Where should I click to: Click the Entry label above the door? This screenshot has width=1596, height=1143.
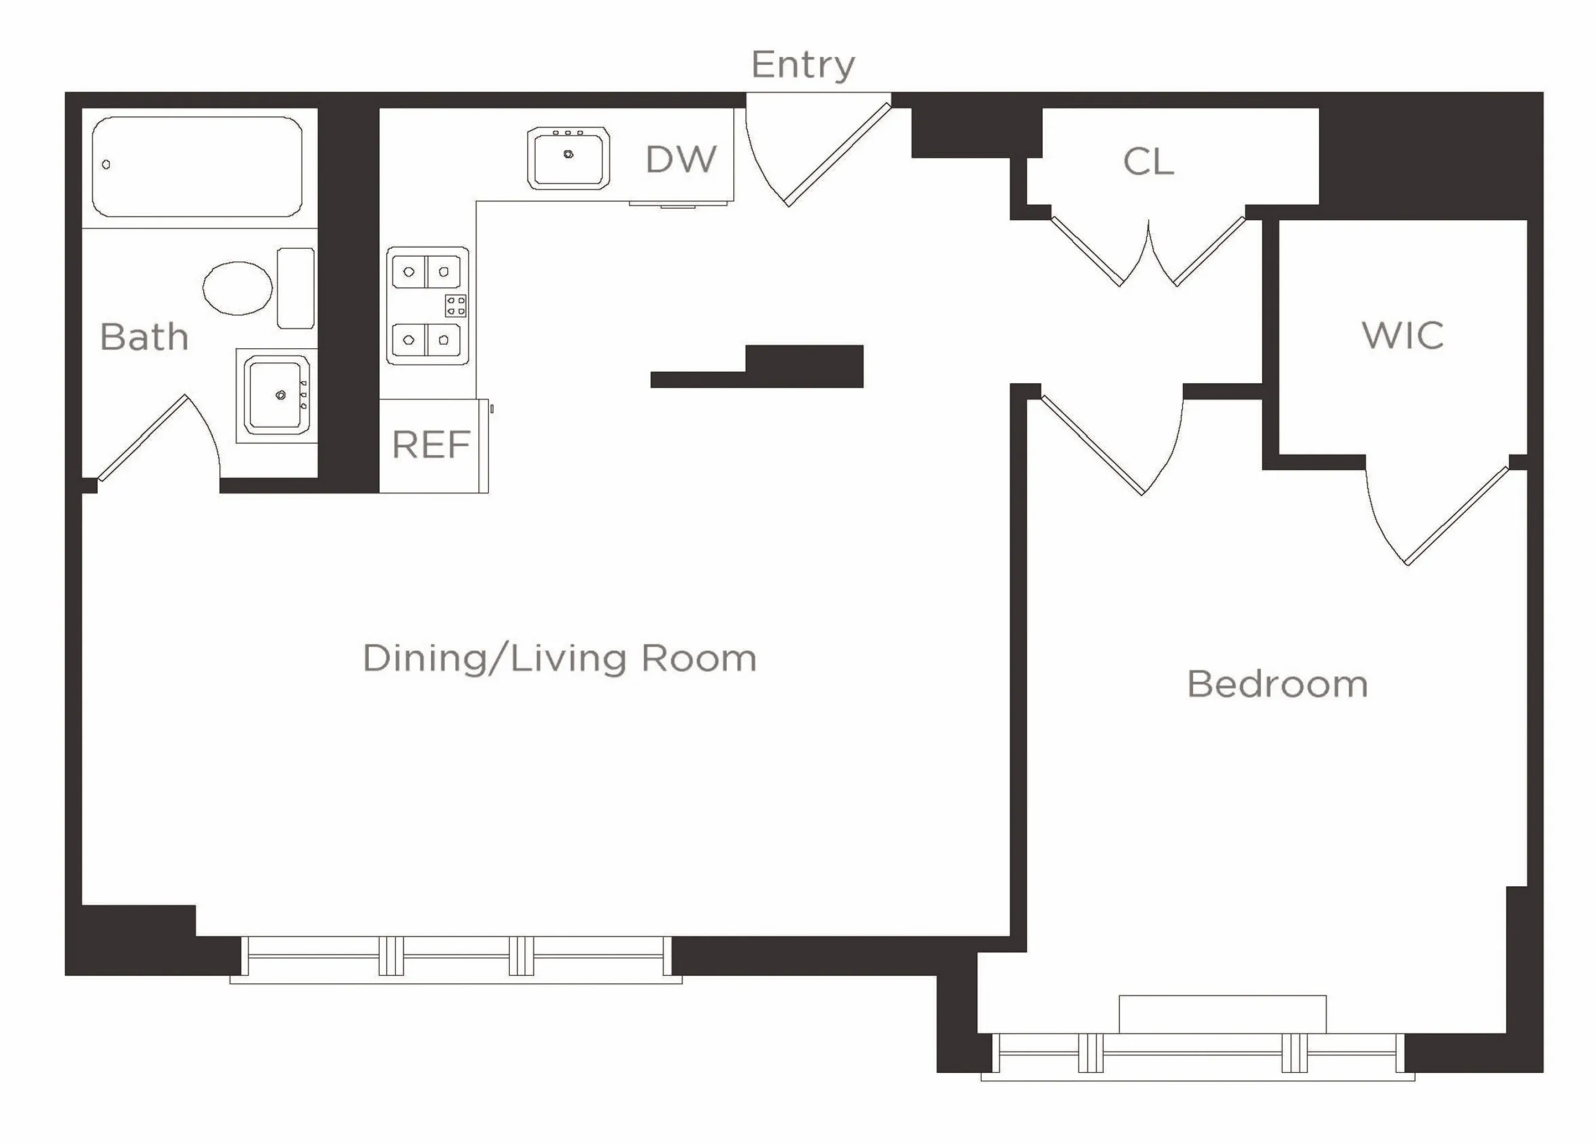tap(802, 65)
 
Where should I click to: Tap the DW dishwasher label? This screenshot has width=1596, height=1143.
tap(680, 159)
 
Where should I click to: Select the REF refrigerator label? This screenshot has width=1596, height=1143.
tap(430, 445)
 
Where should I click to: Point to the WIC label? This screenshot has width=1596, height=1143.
tap(1402, 335)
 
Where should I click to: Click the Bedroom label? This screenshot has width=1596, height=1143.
tap(1277, 684)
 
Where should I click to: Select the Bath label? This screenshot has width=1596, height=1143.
tap(144, 336)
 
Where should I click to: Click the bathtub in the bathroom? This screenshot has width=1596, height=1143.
tap(197, 167)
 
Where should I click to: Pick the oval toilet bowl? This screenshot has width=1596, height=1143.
tap(238, 288)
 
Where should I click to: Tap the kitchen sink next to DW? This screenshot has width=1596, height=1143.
tap(568, 158)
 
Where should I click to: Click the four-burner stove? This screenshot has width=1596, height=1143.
tap(427, 305)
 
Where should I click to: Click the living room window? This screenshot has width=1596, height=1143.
tap(456, 957)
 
